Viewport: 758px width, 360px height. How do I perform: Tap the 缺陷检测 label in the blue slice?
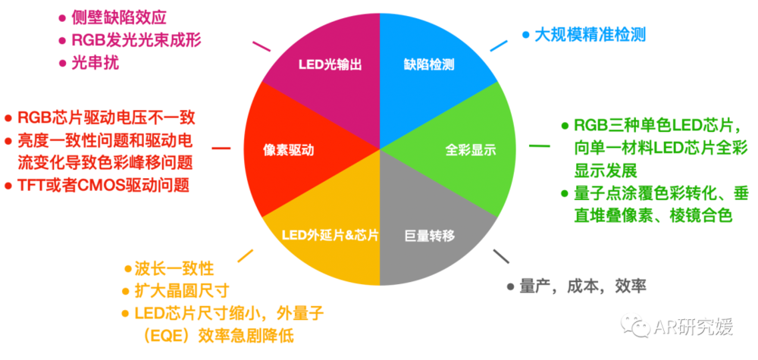[429, 65]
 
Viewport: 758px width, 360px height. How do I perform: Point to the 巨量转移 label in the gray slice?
[430, 235]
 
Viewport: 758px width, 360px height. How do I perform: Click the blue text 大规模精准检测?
[589, 35]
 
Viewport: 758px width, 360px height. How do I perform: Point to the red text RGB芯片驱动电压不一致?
[107, 117]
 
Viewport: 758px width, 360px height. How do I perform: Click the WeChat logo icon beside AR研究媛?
[636, 327]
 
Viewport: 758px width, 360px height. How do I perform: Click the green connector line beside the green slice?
[540, 146]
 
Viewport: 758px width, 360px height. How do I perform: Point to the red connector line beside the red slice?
[221, 149]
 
